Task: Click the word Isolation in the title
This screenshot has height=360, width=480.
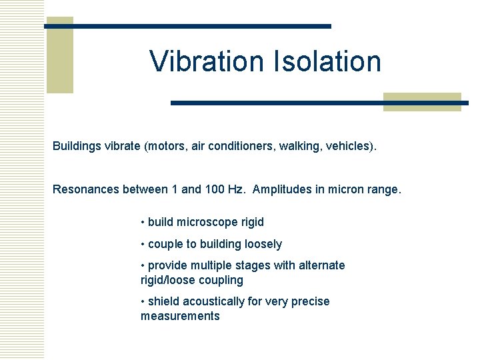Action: [327, 61]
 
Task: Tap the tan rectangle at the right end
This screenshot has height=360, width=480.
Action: [422, 102]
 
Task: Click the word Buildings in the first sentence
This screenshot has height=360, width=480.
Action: [77, 146]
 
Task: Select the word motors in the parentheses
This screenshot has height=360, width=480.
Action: [167, 146]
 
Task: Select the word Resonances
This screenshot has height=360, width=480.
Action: [86, 189]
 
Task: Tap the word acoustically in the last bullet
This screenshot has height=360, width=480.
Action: [213, 301]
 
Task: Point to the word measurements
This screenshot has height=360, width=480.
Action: [180, 316]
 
